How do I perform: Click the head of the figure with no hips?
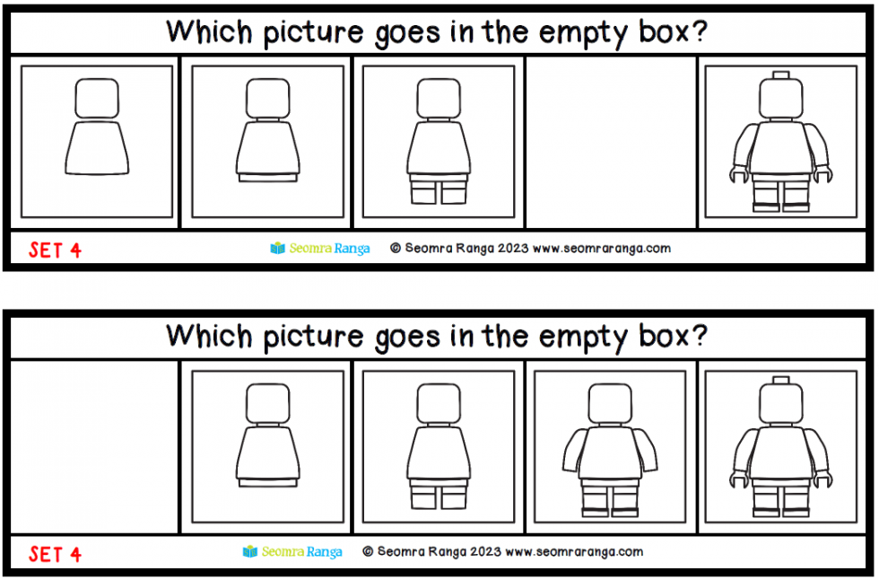coord(97,98)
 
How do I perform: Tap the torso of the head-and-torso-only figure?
coord(97,148)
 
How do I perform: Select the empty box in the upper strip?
coord(611,142)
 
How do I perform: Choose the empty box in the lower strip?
coord(94,446)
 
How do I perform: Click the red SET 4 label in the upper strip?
coord(56,250)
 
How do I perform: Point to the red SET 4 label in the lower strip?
coord(56,554)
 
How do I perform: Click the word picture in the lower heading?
coord(313,338)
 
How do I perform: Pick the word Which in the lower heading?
coord(210,336)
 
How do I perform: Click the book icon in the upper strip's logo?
coord(277,248)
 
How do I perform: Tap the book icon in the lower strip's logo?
coord(250,551)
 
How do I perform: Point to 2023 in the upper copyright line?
coord(512,248)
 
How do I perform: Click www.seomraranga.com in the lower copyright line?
coord(574,551)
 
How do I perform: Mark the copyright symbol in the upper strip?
coord(396,248)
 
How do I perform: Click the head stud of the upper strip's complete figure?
coord(780,75)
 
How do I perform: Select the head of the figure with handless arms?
coord(610,403)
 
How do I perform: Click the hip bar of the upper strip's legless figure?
coord(267,178)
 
